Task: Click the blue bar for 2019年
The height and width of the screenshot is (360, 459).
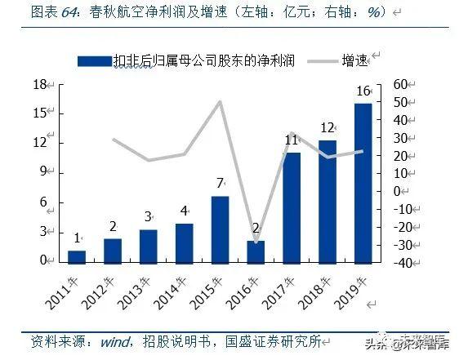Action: pyautogui.click(x=363, y=182)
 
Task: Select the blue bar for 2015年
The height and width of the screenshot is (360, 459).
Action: pyautogui.click(x=220, y=229)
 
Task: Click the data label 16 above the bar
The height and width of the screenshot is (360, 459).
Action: pyautogui.click(x=363, y=91)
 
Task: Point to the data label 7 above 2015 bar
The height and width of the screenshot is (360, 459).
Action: pyautogui.click(x=220, y=184)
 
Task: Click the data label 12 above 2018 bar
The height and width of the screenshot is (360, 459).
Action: pyautogui.click(x=328, y=128)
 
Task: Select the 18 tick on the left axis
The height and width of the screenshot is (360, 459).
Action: pyautogui.click(x=38, y=85)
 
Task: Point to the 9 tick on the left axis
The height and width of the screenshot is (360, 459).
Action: pyautogui.click(x=42, y=173)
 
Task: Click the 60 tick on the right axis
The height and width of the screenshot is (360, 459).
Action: pyautogui.click(x=400, y=85)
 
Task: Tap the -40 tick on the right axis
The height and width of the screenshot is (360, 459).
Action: pyautogui.click(x=402, y=261)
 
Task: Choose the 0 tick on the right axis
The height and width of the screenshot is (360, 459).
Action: pyautogui.click(x=397, y=191)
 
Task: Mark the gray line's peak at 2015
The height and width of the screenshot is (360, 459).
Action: pyautogui.click(x=220, y=102)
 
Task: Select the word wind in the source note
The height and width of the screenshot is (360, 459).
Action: pyautogui.click(x=114, y=340)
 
